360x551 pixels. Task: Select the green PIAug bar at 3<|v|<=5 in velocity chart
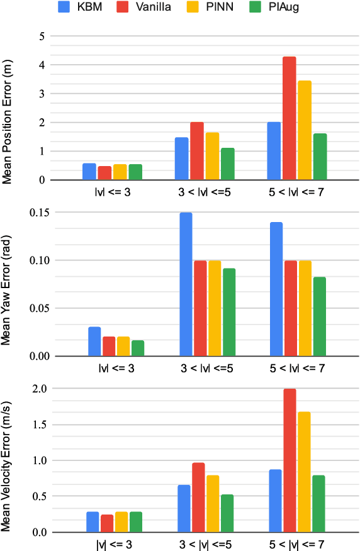[x=227, y=513]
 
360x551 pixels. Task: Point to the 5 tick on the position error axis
[x=41, y=36]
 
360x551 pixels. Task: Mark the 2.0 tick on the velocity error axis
[x=37, y=389]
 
